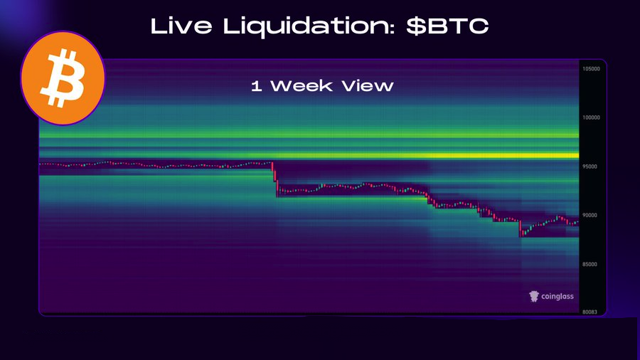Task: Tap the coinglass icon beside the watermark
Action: pyautogui.click(x=534, y=296)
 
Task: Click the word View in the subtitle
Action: pyautogui.click(x=369, y=86)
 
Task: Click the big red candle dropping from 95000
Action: pyautogui.click(x=274, y=176)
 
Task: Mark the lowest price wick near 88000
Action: pyautogui.click(x=521, y=233)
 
